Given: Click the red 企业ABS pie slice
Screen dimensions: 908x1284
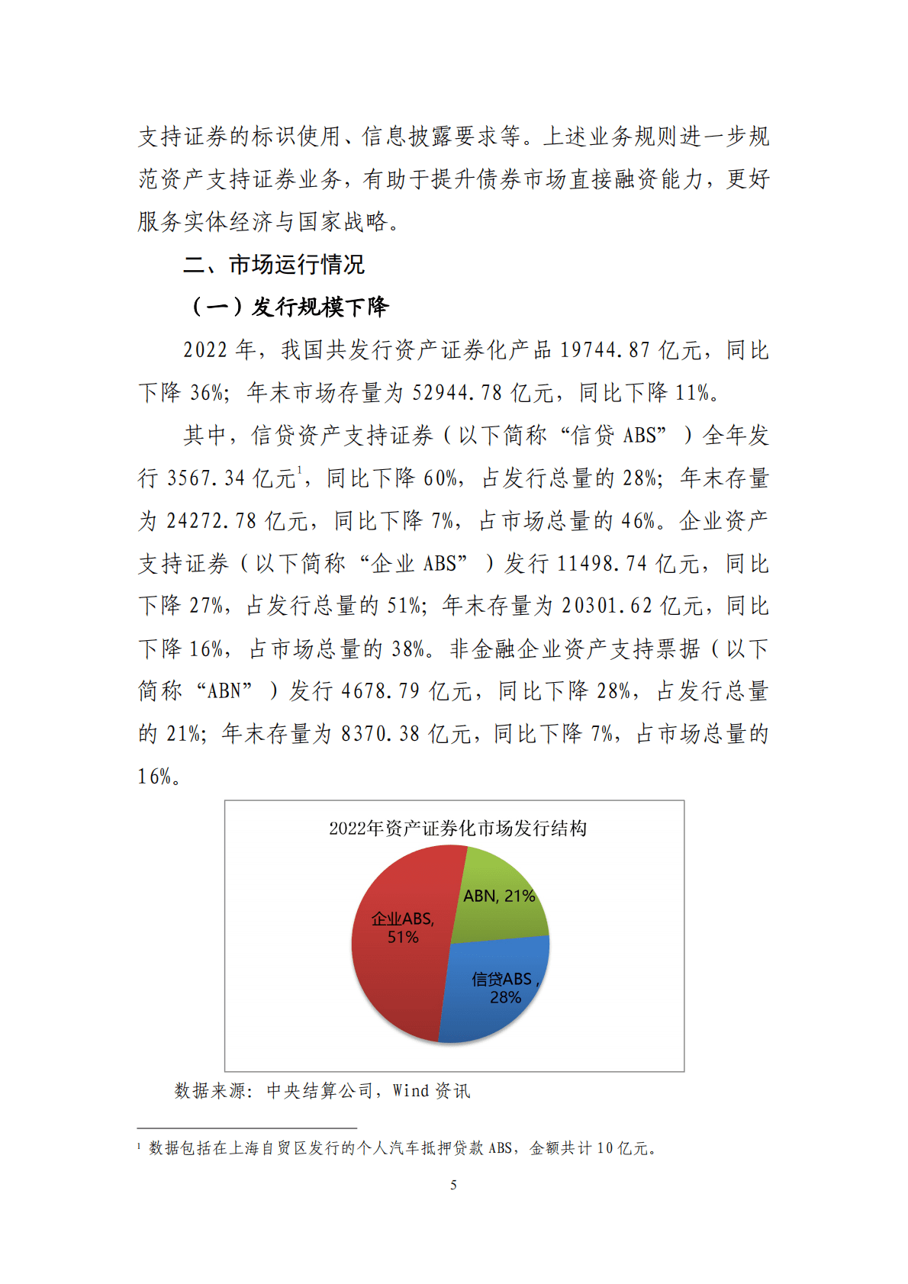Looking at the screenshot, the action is pos(393,977).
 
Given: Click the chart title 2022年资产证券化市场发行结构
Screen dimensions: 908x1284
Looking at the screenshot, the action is pos(458,829).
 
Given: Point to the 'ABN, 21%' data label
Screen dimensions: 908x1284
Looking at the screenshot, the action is pos(499,896).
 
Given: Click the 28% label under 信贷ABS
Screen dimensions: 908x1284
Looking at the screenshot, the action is pos(505,998).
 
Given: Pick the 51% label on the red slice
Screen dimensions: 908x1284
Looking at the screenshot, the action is pos(403,938).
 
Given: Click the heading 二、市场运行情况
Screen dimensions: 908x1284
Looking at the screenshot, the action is pos(274,265).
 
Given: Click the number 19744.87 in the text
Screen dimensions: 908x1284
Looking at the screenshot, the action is pos(605,350).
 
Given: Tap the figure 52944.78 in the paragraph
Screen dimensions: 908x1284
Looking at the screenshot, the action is pos(457,393).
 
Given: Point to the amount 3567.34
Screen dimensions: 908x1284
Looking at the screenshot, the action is pos(205,478).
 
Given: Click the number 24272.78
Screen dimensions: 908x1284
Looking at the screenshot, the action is pos(211,521).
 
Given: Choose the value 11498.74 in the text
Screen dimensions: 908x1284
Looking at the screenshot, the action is pos(602,564).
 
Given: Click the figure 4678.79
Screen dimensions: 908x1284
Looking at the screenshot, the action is pos(380,691).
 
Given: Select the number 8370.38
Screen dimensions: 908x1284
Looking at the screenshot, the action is pos(380,734).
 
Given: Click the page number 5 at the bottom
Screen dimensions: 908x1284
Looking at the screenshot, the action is pos(454,1185).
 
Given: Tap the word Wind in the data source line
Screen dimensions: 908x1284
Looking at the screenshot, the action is pos(411,1091).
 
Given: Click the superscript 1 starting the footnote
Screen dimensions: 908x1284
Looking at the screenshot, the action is pos(139,1146).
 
